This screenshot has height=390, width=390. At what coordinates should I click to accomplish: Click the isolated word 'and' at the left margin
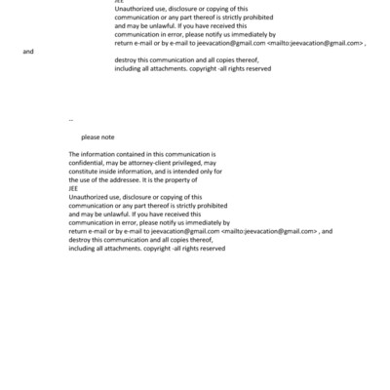click(x=26, y=51)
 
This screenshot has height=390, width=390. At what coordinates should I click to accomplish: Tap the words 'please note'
click(x=97, y=137)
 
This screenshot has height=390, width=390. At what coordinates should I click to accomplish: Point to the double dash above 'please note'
click(x=71, y=120)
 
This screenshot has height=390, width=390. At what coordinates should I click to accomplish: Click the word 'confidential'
click(x=88, y=163)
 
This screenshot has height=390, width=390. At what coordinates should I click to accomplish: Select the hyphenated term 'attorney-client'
click(x=156, y=163)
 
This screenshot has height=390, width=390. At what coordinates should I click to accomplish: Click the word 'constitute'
click(x=86, y=171)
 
